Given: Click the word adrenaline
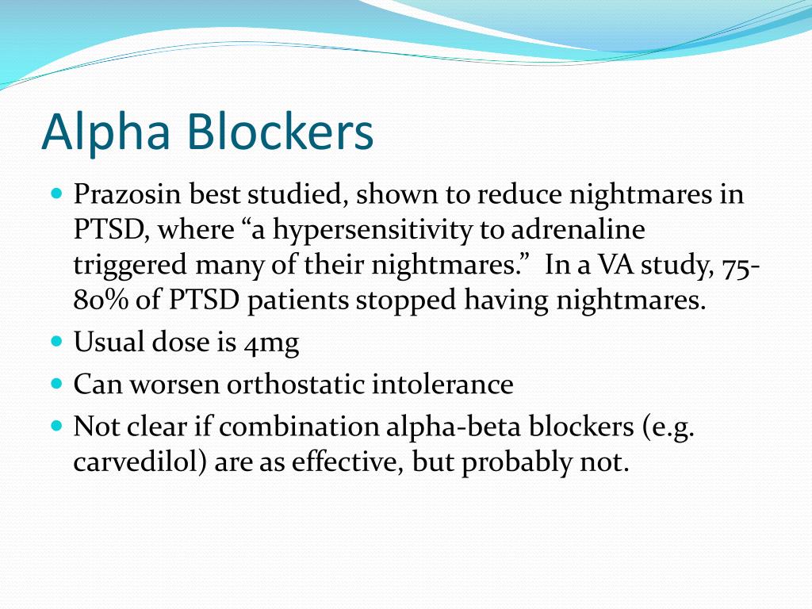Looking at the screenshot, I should (x=578, y=230).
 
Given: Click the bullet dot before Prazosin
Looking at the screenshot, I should (x=56, y=193).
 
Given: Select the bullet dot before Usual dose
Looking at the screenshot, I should (x=56, y=342).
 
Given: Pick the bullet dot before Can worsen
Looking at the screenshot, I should (x=56, y=384).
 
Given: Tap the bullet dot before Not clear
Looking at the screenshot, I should (x=56, y=426).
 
